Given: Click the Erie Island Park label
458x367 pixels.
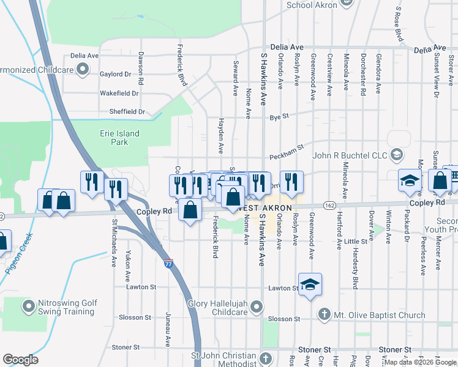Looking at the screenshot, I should click(119, 138).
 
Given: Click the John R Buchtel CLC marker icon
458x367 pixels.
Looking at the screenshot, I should click(397, 155).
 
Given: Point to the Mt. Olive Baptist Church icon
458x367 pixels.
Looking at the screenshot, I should click(325, 316).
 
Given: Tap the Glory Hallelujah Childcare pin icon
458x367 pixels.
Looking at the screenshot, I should click(257, 306).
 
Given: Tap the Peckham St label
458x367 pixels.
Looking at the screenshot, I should click(287, 153).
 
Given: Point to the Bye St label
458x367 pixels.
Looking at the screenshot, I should click(279, 115).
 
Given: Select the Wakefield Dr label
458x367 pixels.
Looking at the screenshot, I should click(119, 94).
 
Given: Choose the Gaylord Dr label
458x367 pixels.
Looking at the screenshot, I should click(115, 74).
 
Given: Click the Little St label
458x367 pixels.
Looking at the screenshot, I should click(356, 242).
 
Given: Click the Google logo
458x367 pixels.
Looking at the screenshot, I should click(20, 360).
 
